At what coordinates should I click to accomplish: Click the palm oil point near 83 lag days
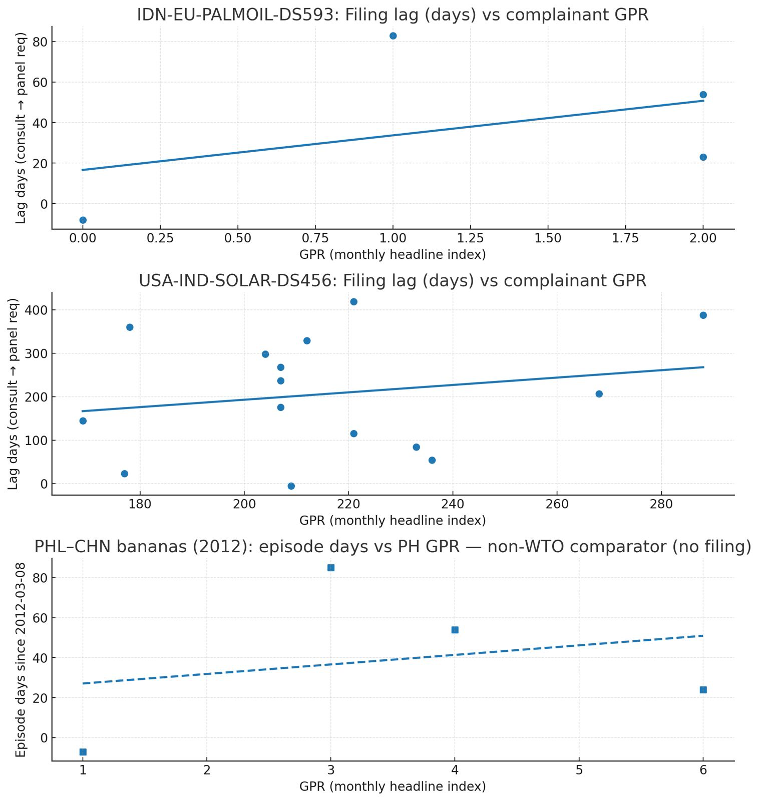(393, 36)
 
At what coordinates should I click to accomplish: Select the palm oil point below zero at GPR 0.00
(83, 220)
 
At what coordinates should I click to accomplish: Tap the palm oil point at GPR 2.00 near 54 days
(703, 95)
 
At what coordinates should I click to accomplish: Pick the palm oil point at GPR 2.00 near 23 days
(703, 157)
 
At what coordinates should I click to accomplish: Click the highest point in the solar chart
(353, 301)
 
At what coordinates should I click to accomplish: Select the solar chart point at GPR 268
(599, 394)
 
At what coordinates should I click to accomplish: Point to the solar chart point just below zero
(291, 486)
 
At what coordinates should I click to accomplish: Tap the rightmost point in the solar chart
(703, 315)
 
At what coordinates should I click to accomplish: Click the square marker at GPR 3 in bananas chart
(331, 568)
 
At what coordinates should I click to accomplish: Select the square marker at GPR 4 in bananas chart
(455, 630)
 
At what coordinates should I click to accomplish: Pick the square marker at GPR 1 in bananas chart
(83, 752)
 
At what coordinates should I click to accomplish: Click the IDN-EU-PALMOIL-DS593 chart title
(393, 15)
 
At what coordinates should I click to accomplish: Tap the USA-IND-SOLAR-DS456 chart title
(393, 280)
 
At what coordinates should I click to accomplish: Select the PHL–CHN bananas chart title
(393, 547)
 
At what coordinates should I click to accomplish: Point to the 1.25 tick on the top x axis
(471, 238)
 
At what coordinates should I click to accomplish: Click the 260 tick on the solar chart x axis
(557, 504)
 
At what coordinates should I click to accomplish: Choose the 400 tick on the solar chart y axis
(38, 310)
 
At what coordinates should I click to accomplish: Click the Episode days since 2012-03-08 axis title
(21, 660)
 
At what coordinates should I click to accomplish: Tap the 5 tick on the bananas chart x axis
(579, 770)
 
